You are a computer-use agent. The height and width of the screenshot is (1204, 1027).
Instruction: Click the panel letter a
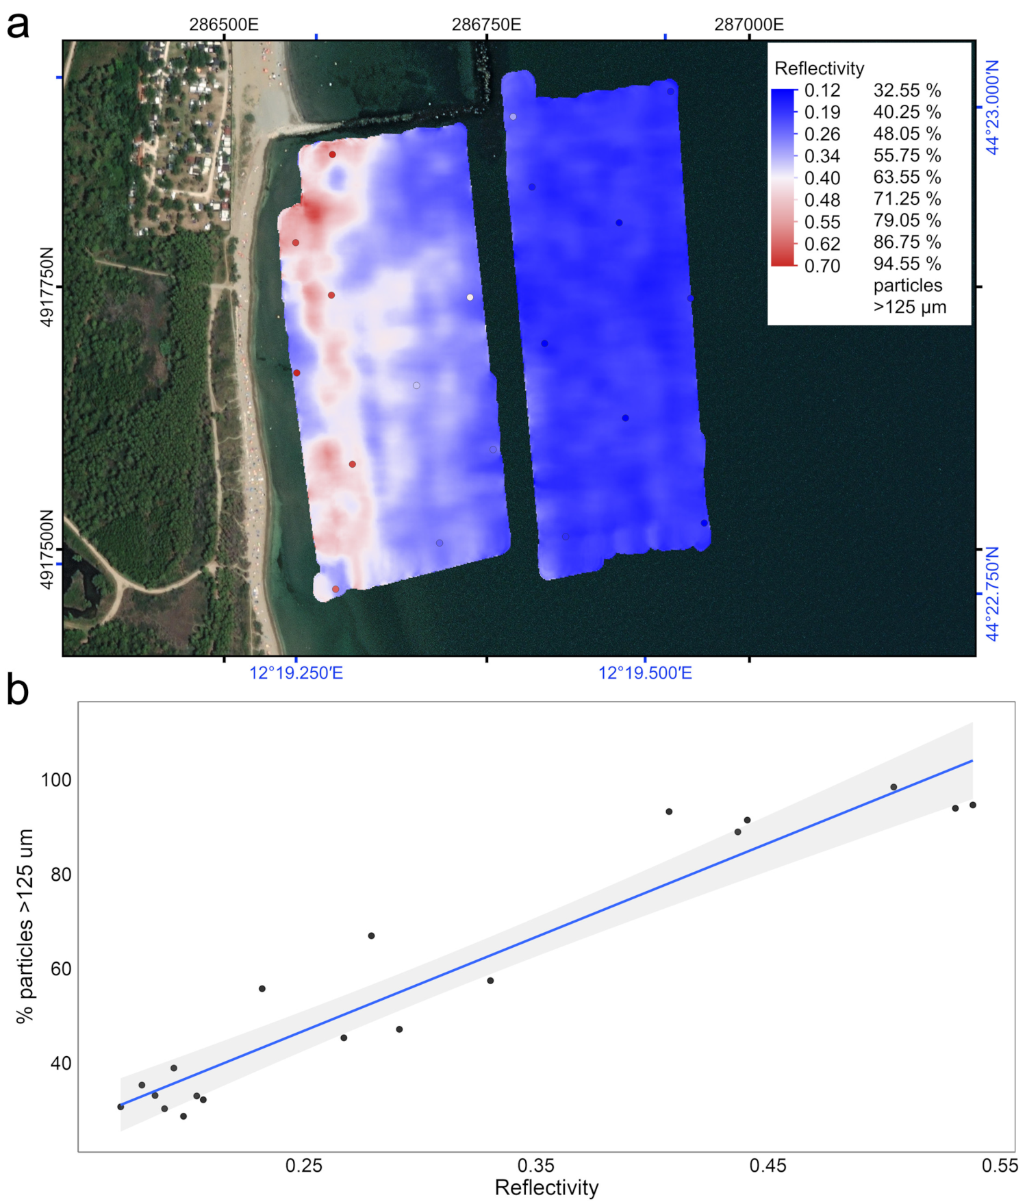(18, 25)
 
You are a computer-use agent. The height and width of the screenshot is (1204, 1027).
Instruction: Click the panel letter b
(18, 690)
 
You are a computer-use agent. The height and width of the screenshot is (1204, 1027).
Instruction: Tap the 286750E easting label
(486, 25)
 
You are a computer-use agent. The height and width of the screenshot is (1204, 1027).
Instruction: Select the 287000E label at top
(749, 25)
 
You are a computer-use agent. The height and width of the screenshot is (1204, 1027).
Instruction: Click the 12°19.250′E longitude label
(296, 673)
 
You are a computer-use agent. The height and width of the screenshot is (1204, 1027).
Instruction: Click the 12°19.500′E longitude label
(645, 673)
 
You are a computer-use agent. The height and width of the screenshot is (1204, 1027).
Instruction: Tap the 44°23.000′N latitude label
(992, 107)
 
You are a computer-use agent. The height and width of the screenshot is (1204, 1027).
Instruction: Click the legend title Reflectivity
(819, 68)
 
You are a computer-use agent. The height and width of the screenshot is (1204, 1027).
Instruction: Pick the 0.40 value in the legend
(822, 178)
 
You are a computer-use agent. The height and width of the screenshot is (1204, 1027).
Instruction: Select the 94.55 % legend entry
(906, 264)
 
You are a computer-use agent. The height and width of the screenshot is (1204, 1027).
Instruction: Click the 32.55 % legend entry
(906, 90)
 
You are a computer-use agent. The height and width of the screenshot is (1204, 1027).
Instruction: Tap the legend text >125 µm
(909, 307)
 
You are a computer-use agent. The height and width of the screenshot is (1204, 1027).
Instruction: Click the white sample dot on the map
(470, 297)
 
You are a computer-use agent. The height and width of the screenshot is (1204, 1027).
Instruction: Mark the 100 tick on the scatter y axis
(56, 780)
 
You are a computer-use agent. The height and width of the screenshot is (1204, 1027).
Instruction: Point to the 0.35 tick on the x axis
(535, 1166)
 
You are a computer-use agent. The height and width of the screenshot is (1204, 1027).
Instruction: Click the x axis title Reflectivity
(546, 1188)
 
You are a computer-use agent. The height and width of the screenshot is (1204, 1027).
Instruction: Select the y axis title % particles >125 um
(25, 926)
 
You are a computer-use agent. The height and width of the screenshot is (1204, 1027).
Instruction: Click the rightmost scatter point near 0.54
(972, 805)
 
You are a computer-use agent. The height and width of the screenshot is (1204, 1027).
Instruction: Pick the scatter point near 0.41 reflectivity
(669, 812)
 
